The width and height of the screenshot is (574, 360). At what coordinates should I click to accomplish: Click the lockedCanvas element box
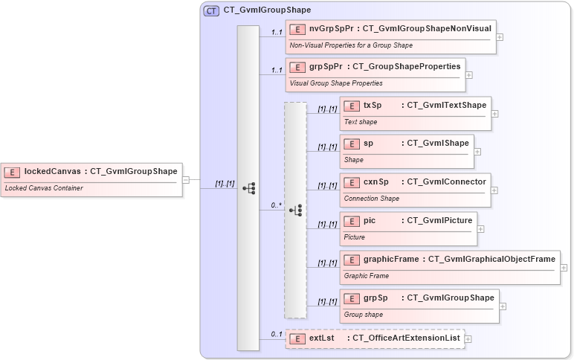click(91, 179)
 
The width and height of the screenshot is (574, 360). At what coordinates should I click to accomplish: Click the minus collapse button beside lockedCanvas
click(186, 179)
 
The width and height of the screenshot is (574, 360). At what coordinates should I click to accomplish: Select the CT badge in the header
click(211, 10)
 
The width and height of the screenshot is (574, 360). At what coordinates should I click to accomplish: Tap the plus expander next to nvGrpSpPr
click(500, 36)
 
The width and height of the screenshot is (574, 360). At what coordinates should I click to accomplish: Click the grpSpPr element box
click(375, 74)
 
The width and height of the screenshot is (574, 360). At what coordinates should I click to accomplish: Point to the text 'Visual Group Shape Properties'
click(336, 83)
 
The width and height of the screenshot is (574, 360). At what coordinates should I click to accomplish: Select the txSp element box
click(415, 113)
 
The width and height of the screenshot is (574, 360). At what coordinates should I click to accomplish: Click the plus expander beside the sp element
click(477, 151)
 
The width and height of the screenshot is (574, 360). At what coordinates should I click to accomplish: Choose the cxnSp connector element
click(415, 190)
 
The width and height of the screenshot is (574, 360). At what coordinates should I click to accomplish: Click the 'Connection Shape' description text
click(372, 199)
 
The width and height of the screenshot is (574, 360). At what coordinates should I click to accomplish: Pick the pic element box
click(407, 228)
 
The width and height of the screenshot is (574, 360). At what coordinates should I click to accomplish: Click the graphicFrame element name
click(391, 260)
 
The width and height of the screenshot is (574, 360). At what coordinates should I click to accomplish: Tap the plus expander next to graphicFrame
click(564, 268)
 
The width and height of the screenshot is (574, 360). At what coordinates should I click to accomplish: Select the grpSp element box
click(419, 306)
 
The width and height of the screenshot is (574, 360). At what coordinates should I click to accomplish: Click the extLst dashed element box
click(375, 338)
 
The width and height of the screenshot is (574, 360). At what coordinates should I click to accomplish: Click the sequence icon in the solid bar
click(248, 188)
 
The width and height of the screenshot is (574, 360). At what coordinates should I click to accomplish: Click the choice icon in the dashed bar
click(295, 210)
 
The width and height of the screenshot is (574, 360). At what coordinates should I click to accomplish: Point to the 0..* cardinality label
click(276, 205)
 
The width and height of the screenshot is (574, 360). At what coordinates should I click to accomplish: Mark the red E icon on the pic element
click(352, 221)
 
